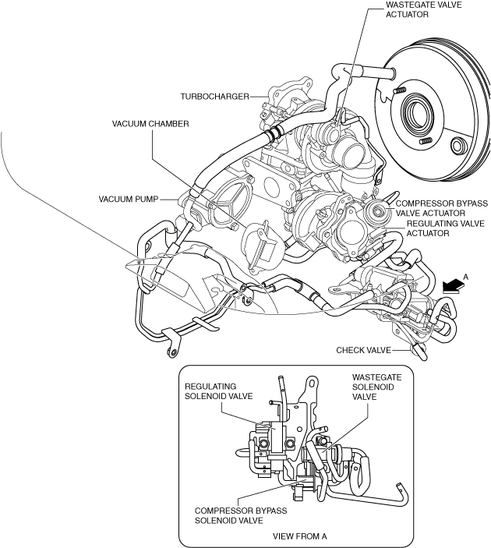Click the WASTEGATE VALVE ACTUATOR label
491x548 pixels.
[423, 9]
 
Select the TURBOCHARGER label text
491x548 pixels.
[214, 97]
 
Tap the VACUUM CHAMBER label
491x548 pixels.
[150, 124]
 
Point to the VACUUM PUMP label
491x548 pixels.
[129, 200]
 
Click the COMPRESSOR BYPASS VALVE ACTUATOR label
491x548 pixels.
[442, 208]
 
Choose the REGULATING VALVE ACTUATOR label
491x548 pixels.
[446, 228]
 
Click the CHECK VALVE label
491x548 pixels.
[363, 350]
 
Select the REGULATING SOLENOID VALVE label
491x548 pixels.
[218, 391]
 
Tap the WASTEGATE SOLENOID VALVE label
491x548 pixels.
[376, 387]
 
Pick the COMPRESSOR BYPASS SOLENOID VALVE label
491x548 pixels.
[241, 515]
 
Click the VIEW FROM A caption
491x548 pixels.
[300, 536]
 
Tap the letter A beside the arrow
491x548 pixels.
[465, 277]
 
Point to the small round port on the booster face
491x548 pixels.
[457, 146]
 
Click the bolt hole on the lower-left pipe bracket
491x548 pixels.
[171, 352]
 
